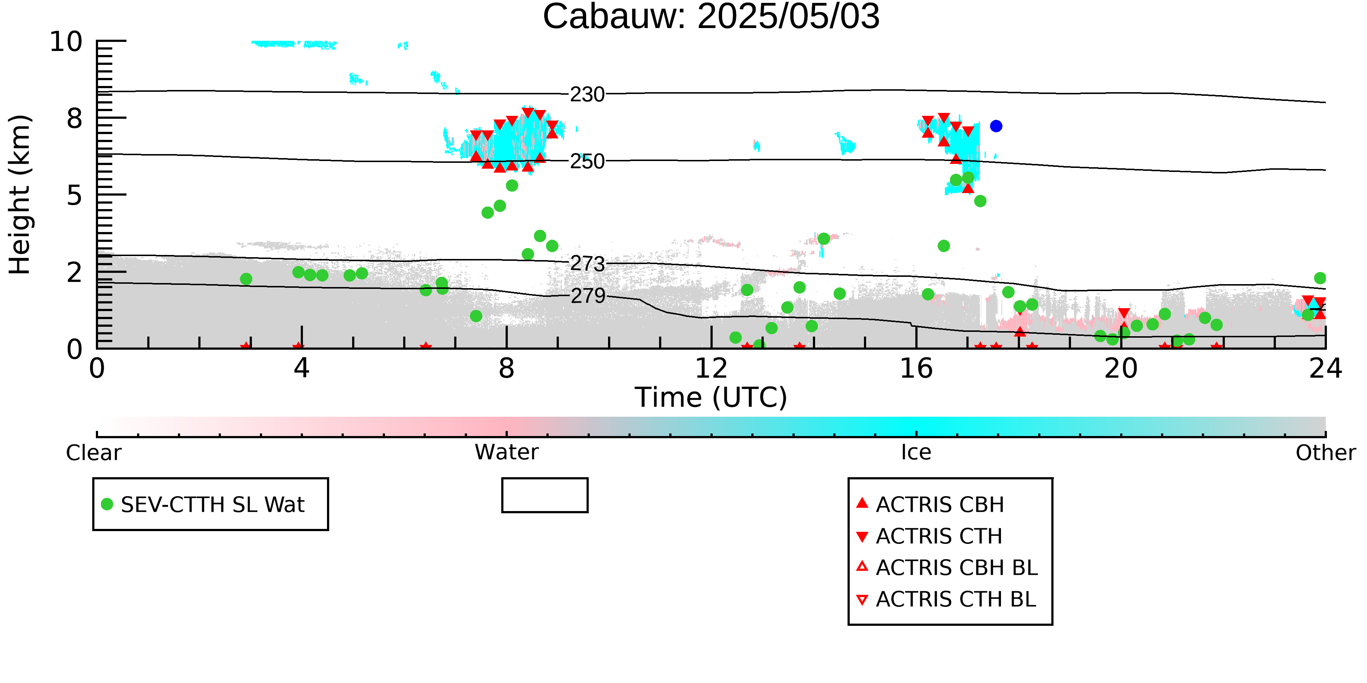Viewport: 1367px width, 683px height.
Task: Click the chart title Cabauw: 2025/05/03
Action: [711, 17]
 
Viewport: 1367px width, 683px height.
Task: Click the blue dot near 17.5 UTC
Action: [996, 126]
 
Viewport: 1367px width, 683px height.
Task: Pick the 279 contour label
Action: [588, 296]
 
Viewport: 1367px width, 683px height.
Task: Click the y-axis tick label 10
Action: [66, 42]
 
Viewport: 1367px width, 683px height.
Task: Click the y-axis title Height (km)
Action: [20, 195]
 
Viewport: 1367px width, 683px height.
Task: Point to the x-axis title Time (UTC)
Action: [711, 397]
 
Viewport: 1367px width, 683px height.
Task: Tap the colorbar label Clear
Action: [93, 453]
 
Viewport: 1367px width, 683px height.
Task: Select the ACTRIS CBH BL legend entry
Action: [947, 568]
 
